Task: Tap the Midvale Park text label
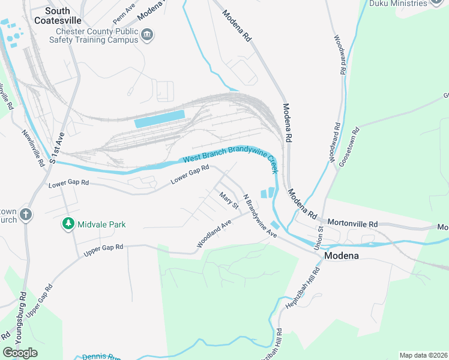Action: point(101,224)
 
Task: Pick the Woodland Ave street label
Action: point(214,235)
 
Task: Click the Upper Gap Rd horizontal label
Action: point(103,251)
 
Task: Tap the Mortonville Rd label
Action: point(352,224)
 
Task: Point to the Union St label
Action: point(320,234)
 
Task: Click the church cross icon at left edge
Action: point(25,214)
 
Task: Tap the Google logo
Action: point(20,352)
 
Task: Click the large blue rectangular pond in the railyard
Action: point(160,119)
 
